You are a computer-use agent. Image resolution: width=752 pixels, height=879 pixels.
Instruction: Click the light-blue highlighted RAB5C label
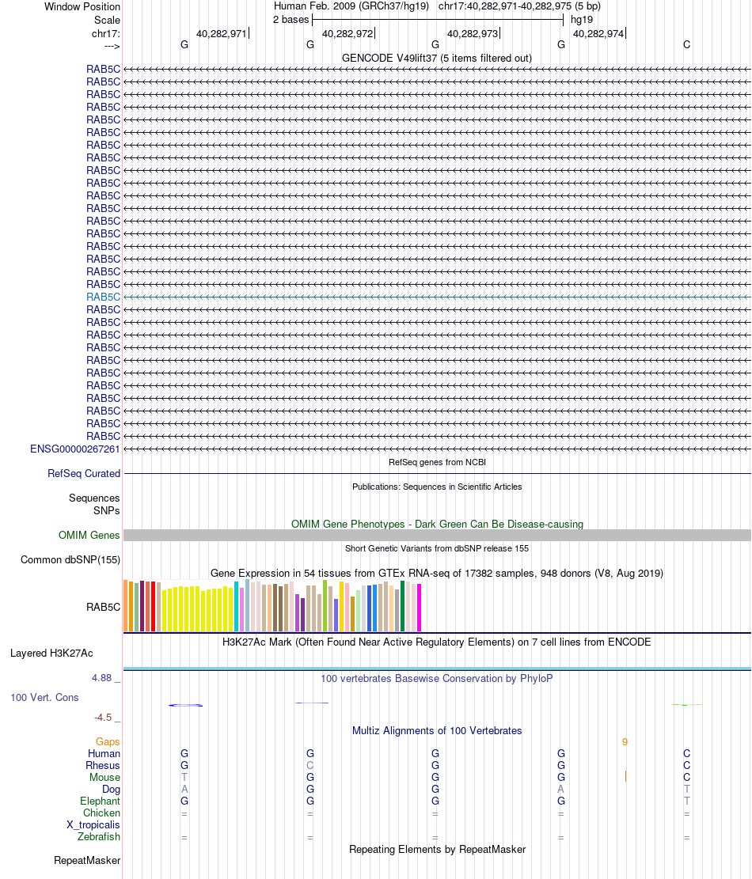click(104, 297)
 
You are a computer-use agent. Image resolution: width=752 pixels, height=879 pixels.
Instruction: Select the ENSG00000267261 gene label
click(75, 449)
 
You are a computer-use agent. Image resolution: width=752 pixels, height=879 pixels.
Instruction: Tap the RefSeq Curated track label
click(84, 473)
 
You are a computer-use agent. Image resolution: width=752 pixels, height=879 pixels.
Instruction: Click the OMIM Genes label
click(89, 536)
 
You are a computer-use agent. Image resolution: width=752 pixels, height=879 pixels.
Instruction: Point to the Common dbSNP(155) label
click(70, 560)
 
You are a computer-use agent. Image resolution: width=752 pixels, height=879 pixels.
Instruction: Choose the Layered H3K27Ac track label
click(51, 654)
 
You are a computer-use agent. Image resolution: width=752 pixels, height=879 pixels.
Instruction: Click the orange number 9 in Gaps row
click(625, 742)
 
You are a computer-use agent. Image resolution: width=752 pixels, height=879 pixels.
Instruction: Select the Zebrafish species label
click(99, 836)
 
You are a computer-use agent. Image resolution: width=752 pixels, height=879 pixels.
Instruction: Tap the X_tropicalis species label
click(93, 824)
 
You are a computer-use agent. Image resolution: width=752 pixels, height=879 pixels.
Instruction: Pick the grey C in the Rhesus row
click(310, 765)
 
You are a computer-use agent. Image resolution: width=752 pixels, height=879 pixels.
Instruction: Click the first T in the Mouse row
click(184, 777)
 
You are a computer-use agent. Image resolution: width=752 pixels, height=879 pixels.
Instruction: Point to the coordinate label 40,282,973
click(473, 34)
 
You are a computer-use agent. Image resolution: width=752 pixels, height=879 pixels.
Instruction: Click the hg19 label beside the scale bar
click(582, 19)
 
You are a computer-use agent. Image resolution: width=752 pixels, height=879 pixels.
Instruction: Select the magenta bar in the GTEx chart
click(420, 608)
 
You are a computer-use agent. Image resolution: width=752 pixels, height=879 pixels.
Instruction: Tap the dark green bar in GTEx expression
click(403, 606)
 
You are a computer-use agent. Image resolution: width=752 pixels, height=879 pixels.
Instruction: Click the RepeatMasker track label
click(87, 860)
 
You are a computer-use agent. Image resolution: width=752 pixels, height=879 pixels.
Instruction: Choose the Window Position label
click(82, 6)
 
